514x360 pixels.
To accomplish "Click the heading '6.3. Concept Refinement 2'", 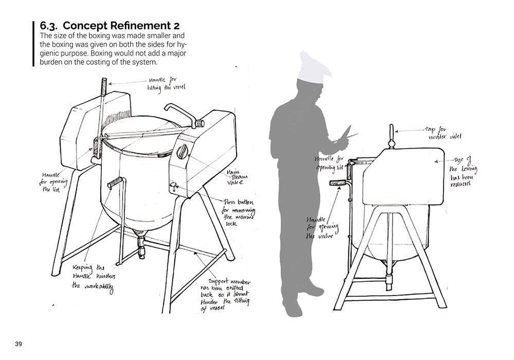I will coord(109,26).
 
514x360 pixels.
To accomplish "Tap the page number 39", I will coord(19,344).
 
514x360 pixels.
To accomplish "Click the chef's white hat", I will coord(314,66).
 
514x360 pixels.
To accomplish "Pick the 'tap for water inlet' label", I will coord(443,134).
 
